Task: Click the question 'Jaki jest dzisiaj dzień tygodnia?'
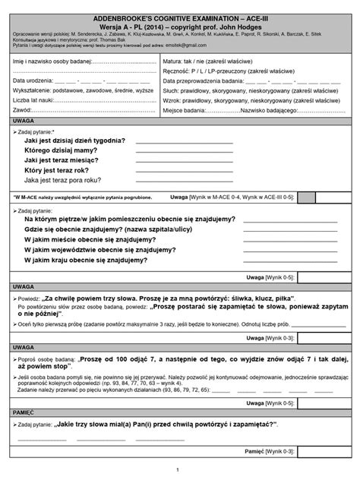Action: pos(79,141)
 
